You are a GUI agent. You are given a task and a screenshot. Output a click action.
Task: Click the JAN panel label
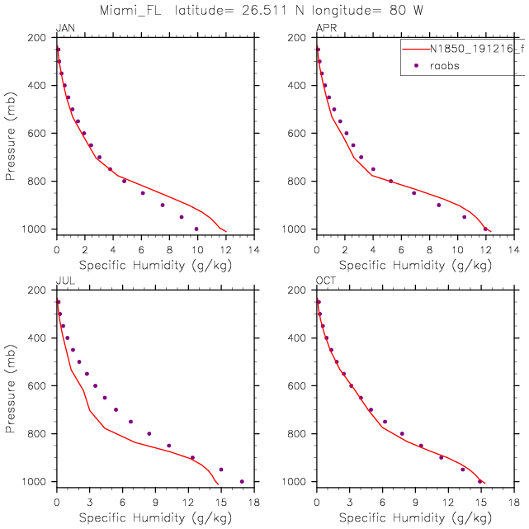click(64, 28)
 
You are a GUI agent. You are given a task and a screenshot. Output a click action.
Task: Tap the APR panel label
click(325, 28)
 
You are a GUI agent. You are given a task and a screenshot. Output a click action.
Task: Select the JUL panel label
click(63, 281)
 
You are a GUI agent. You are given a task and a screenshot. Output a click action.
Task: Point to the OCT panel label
click(325, 281)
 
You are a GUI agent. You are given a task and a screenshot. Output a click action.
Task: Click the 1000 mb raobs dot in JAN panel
click(196, 229)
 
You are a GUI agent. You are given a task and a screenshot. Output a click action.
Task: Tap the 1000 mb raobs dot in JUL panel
click(242, 481)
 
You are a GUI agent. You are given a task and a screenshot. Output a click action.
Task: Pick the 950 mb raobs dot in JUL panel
click(221, 470)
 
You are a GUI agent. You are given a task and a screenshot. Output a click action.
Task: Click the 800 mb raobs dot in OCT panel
click(402, 433)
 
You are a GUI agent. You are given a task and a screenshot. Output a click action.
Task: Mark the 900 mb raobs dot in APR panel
click(439, 205)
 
